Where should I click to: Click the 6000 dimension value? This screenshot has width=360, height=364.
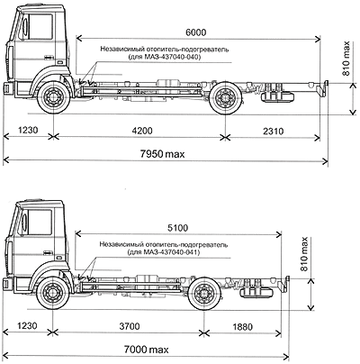click(196, 32)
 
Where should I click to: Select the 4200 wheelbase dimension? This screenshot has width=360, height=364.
click(142, 131)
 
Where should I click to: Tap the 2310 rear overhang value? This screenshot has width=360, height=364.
click(274, 131)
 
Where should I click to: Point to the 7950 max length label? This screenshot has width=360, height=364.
click(162, 154)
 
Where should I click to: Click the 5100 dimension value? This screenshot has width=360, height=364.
click(178, 228)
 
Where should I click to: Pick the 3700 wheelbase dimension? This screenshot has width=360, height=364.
click(130, 326)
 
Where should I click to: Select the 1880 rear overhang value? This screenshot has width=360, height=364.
click(243, 326)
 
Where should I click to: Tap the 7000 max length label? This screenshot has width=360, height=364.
click(147, 350)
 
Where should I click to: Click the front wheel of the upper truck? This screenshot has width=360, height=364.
click(53, 96)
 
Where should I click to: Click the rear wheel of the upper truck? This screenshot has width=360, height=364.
click(225, 96)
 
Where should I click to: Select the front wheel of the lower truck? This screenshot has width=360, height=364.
click(52, 292)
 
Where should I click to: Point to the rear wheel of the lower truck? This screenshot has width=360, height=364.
click(203, 293)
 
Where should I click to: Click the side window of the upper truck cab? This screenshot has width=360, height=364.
click(39, 26)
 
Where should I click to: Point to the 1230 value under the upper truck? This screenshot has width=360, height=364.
click(28, 131)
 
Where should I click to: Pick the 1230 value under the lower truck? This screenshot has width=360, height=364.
click(27, 326)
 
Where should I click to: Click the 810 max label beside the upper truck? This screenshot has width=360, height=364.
click(346, 59)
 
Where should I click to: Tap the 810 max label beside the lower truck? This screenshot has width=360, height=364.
click(304, 254)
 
